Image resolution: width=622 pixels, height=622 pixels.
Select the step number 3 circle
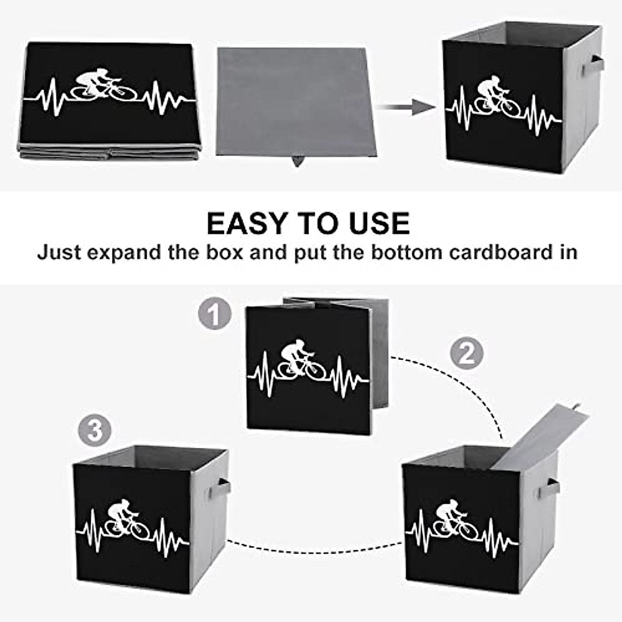pos(95,430)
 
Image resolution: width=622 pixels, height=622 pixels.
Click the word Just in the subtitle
pos(59,252)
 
